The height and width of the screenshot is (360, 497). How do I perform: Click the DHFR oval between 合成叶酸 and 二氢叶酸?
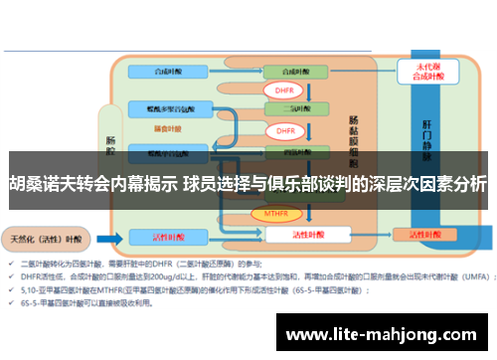285,90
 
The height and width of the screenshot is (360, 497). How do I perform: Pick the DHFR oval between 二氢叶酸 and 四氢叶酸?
285,130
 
